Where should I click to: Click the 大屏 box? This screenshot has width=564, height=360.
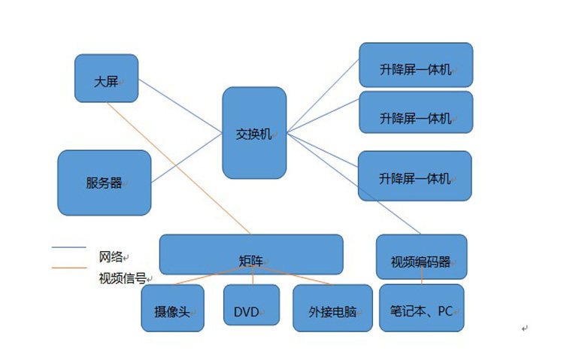click(x=106, y=77)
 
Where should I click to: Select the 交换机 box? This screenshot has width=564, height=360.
click(x=254, y=132)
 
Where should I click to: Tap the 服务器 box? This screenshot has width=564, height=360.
click(x=104, y=183)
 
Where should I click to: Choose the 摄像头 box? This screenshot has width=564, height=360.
click(x=172, y=307)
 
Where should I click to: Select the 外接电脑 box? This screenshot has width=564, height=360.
click(x=332, y=308)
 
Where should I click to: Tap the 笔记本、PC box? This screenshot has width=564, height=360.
click(x=421, y=307)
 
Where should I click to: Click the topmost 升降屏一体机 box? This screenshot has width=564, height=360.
click(x=416, y=65)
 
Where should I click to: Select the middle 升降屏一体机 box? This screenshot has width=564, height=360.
click(x=416, y=112)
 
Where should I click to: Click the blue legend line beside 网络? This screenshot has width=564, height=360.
click(x=68, y=247)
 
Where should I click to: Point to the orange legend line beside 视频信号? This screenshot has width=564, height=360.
click(x=68, y=268)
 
